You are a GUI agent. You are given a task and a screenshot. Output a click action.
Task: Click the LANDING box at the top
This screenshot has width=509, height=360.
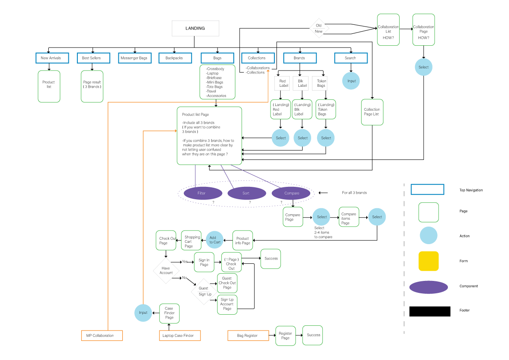point(195,29)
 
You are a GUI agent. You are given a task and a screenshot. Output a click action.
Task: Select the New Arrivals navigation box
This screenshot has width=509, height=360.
point(51,58)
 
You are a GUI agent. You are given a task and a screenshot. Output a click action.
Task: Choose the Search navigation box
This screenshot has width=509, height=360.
point(350,58)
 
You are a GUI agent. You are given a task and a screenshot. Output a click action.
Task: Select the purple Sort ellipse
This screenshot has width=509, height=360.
point(247,193)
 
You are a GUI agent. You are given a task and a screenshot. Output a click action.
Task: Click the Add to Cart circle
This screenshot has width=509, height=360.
point(215,240)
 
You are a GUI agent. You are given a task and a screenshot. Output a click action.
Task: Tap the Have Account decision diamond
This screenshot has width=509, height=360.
point(166,270)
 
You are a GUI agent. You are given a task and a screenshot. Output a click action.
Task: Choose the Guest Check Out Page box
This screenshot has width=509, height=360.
point(227,283)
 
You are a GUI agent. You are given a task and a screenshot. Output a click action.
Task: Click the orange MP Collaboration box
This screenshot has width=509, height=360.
point(102,336)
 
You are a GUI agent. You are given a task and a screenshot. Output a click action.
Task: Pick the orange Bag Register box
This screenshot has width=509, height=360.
point(248,336)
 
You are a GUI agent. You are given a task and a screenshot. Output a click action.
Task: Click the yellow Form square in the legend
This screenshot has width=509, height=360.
point(428,261)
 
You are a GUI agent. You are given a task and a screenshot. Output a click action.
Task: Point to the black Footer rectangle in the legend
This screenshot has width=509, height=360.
point(430,311)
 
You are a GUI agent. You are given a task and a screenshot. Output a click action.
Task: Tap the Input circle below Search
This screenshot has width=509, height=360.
point(351,81)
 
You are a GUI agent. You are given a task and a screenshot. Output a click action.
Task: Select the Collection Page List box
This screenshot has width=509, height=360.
point(372,112)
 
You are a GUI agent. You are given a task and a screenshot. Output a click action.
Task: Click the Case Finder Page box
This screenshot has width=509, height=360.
point(169,313)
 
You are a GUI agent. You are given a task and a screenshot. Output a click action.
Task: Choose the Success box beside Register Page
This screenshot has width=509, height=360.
point(313,335)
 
